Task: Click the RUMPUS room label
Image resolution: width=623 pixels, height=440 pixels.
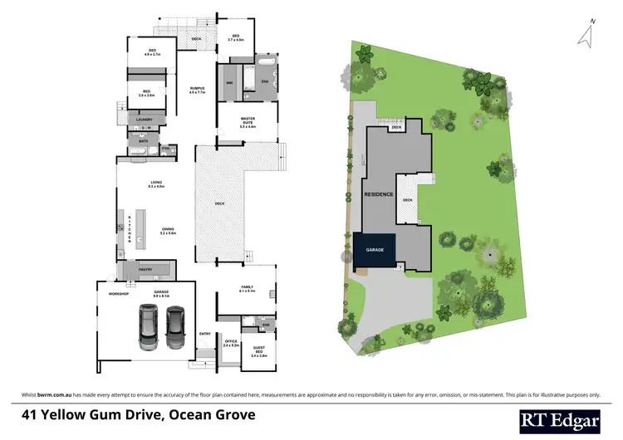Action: (x=196, y=90)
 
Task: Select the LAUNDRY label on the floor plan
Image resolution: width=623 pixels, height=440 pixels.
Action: (x=144, y=120)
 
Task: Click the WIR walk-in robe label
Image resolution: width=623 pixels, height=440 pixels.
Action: (x=228, y=82)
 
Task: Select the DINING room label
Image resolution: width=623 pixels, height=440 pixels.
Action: (x=167, y=230)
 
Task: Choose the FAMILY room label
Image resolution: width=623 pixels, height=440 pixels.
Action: (x=247, y=288)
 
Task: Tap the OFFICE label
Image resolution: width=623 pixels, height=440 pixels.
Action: (x=231, y=340)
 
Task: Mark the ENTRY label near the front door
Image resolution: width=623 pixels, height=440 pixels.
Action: (x=204, y=334)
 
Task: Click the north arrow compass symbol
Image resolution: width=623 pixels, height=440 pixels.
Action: (x=586, y=33)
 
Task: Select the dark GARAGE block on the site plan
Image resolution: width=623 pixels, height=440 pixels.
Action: (x=376, y=250)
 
